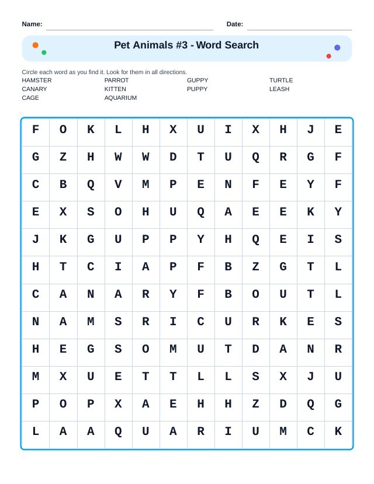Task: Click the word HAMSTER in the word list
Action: point(37,81)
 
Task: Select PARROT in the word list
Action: point(116,81)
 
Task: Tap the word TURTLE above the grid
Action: point(281,81)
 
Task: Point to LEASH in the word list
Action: point(279,89)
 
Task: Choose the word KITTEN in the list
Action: point(115,89)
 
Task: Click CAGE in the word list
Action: point(30,98)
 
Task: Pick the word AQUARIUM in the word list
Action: point(120,98)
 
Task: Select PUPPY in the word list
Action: point(197,89)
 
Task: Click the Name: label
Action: point(32,24)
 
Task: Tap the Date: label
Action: point(235,24)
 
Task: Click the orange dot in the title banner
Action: point(36,45)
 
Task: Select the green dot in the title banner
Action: point(44,53)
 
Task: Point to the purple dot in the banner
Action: point(337,48)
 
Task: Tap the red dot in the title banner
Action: point(329,56)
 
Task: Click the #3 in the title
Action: point(181,45)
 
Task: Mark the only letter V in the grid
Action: point(118,184)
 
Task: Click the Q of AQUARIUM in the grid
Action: point(118,431)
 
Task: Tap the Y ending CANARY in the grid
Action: point(173,294)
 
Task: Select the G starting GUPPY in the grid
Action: point(91,239)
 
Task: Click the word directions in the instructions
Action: point(171,72)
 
